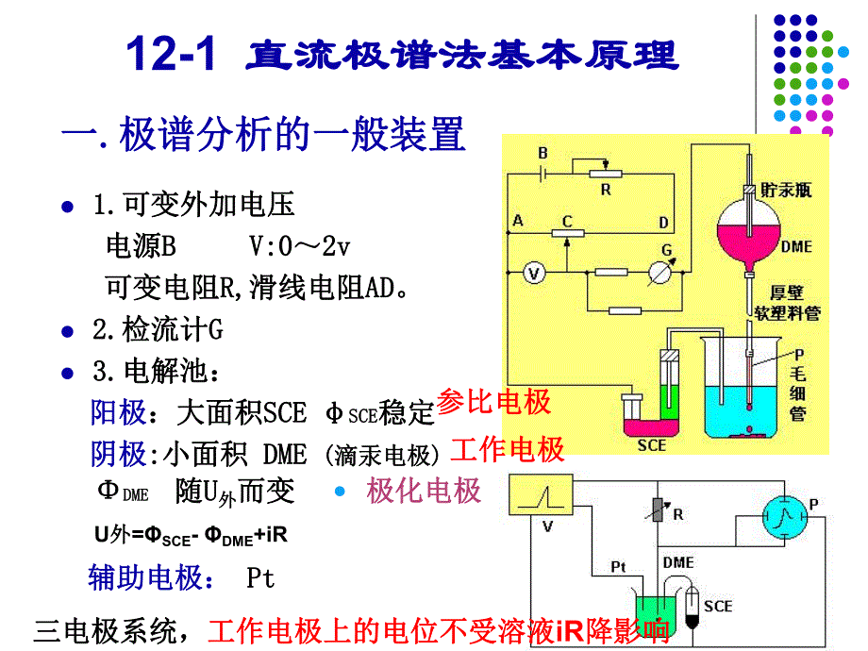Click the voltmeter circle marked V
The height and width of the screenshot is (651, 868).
tap(535, 274)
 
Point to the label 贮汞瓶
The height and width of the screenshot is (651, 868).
tap(788, 190)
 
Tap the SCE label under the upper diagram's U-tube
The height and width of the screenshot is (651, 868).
tap(651, 444)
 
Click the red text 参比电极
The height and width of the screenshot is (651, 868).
tap(494, 403)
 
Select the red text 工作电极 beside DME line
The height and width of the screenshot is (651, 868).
tap(508, 449)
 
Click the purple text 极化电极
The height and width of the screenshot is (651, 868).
tap(424, 491)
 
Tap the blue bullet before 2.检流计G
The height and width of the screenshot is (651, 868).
tap(66, 331)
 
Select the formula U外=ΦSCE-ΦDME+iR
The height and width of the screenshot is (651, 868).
tap(191, 535)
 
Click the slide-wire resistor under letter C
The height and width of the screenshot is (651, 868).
tap(567, 233)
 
